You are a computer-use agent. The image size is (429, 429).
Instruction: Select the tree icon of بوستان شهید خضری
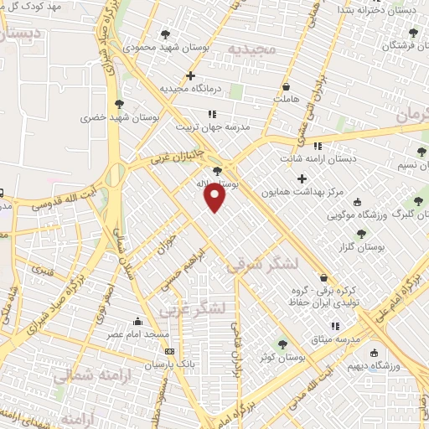(118, 104)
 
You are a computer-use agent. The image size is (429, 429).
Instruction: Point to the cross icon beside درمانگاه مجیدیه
(191, 75)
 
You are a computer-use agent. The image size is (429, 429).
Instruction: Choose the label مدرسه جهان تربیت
(210, 127)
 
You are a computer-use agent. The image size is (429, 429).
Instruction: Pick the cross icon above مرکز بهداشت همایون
(302, 178)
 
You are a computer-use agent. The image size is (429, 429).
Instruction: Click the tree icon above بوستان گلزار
(361, 234)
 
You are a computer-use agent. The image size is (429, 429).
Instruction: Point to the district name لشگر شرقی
(261, 265)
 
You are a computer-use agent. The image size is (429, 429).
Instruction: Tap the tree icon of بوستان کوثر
(282, 344)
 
